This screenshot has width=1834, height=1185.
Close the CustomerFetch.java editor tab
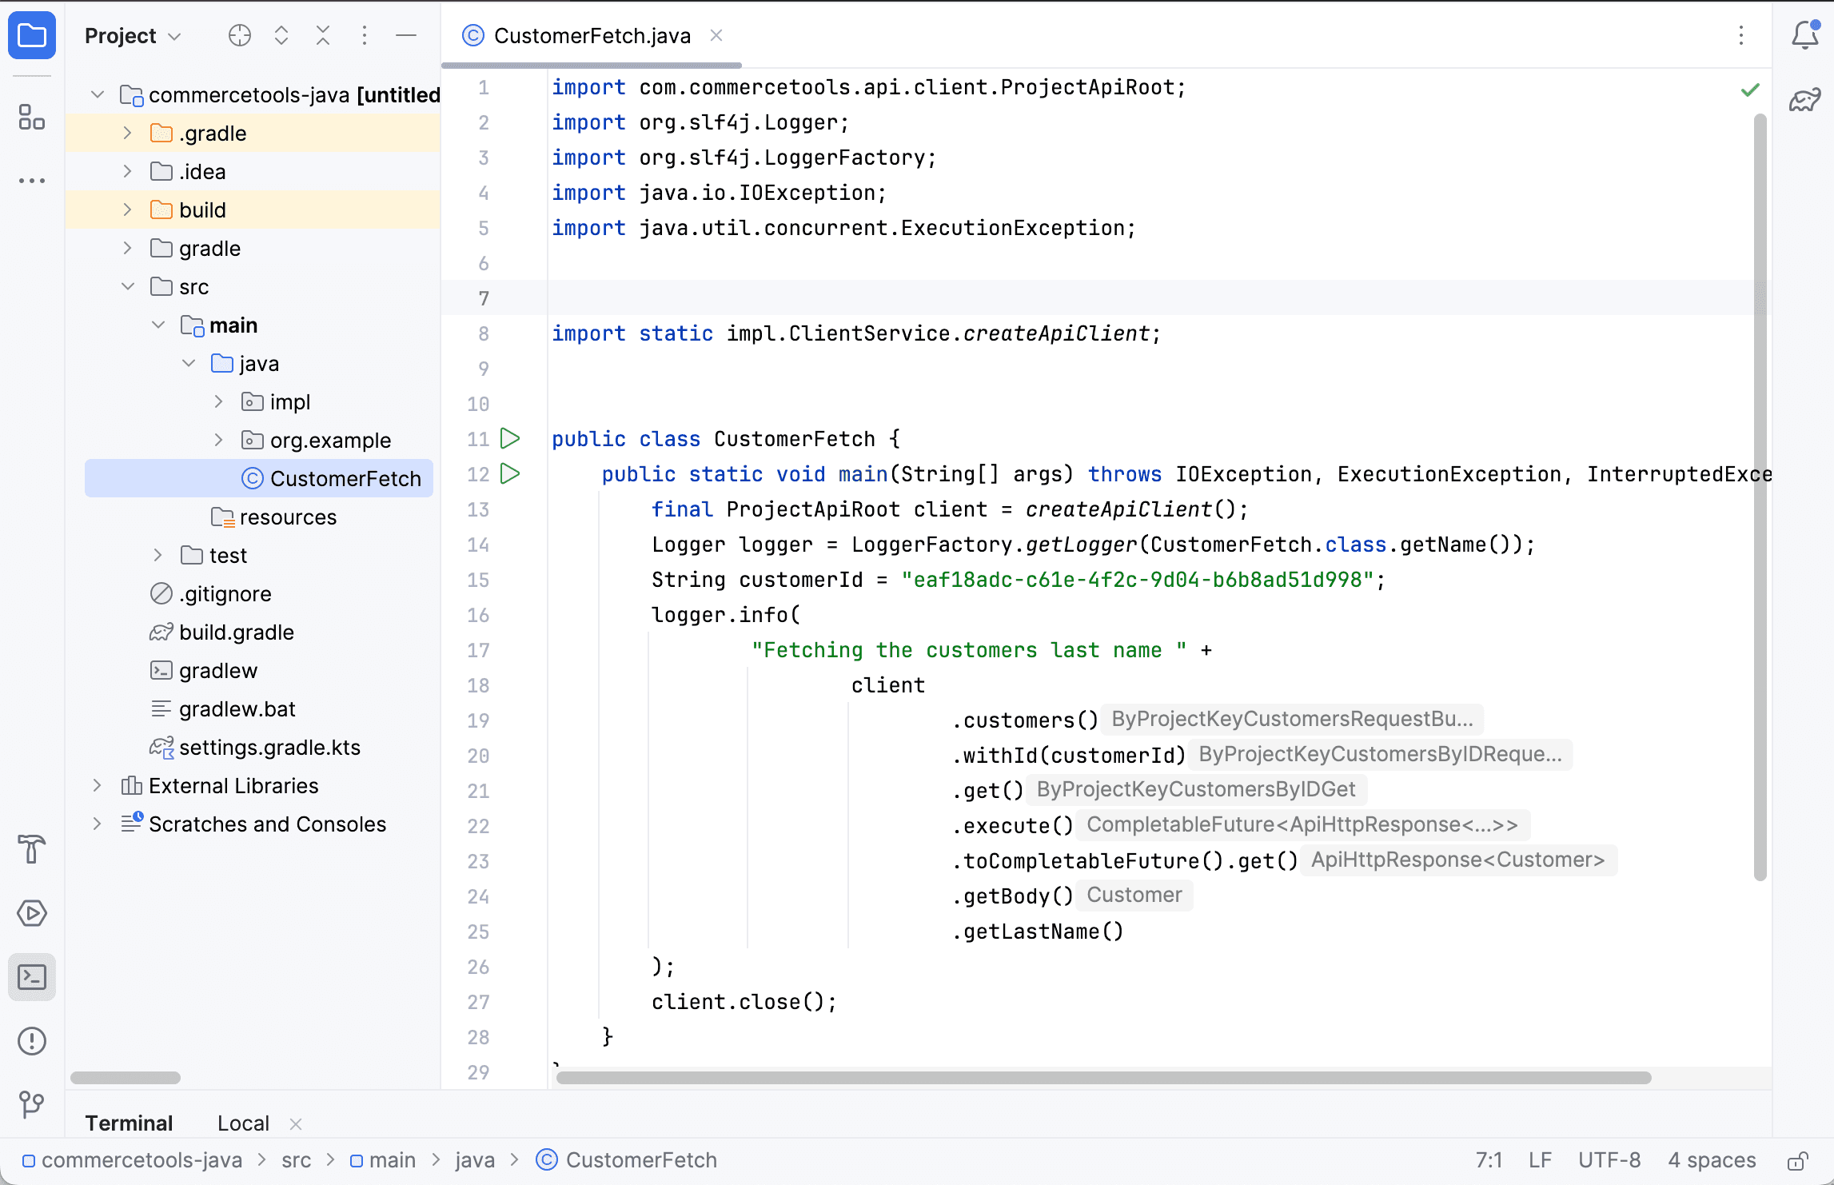(x=716, y=35)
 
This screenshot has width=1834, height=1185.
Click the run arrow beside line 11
(x=510, y=438)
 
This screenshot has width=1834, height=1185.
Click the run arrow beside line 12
(x=510, y=473)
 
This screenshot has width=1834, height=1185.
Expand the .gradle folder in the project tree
(x=127, y=133)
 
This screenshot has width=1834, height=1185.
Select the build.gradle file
(x=237, y=632)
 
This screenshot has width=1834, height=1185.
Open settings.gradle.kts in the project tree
(x=269, y=748)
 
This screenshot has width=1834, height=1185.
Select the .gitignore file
(x=225, y=594)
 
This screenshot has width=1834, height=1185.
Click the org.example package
(x=330, y=441)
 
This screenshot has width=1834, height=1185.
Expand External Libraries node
(x=97, y=785)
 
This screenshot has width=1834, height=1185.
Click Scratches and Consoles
(x=267, y=824)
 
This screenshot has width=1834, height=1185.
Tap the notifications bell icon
(x=1805, y=35)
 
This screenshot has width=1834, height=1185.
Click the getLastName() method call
(x=1039, y=932)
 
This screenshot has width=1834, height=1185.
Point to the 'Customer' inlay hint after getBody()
(x=1134, y=895)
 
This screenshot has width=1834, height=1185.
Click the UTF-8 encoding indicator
(x=1609, y=1160)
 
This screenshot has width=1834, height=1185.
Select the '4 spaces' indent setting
(x=1712, y=1160)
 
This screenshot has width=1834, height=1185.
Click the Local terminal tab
(x=243, y=1123)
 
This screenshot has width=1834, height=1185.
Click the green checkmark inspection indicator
(x=1750, y=90)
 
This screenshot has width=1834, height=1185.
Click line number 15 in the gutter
(x=478, y=580)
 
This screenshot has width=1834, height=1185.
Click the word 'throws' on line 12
(x=1125, y=474)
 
